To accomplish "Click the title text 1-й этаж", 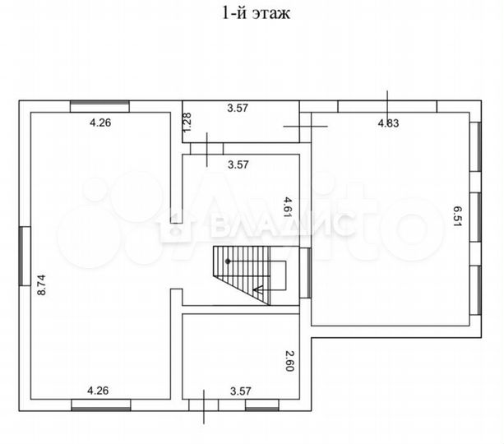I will pos(252,13).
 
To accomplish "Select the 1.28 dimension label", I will pos(187,123).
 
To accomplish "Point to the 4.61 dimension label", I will pos(288,206).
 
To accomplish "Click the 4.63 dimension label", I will pos(388,123).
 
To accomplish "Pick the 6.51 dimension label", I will pos(456,217).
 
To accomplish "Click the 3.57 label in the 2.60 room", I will pos(240,391).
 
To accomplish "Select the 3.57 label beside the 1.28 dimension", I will pos(238,107).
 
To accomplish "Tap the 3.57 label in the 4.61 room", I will pos(238,164).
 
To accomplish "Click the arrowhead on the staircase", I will pos(257,289).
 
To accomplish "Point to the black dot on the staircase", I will pos(229,261).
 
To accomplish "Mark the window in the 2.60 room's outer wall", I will pos(262,404).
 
